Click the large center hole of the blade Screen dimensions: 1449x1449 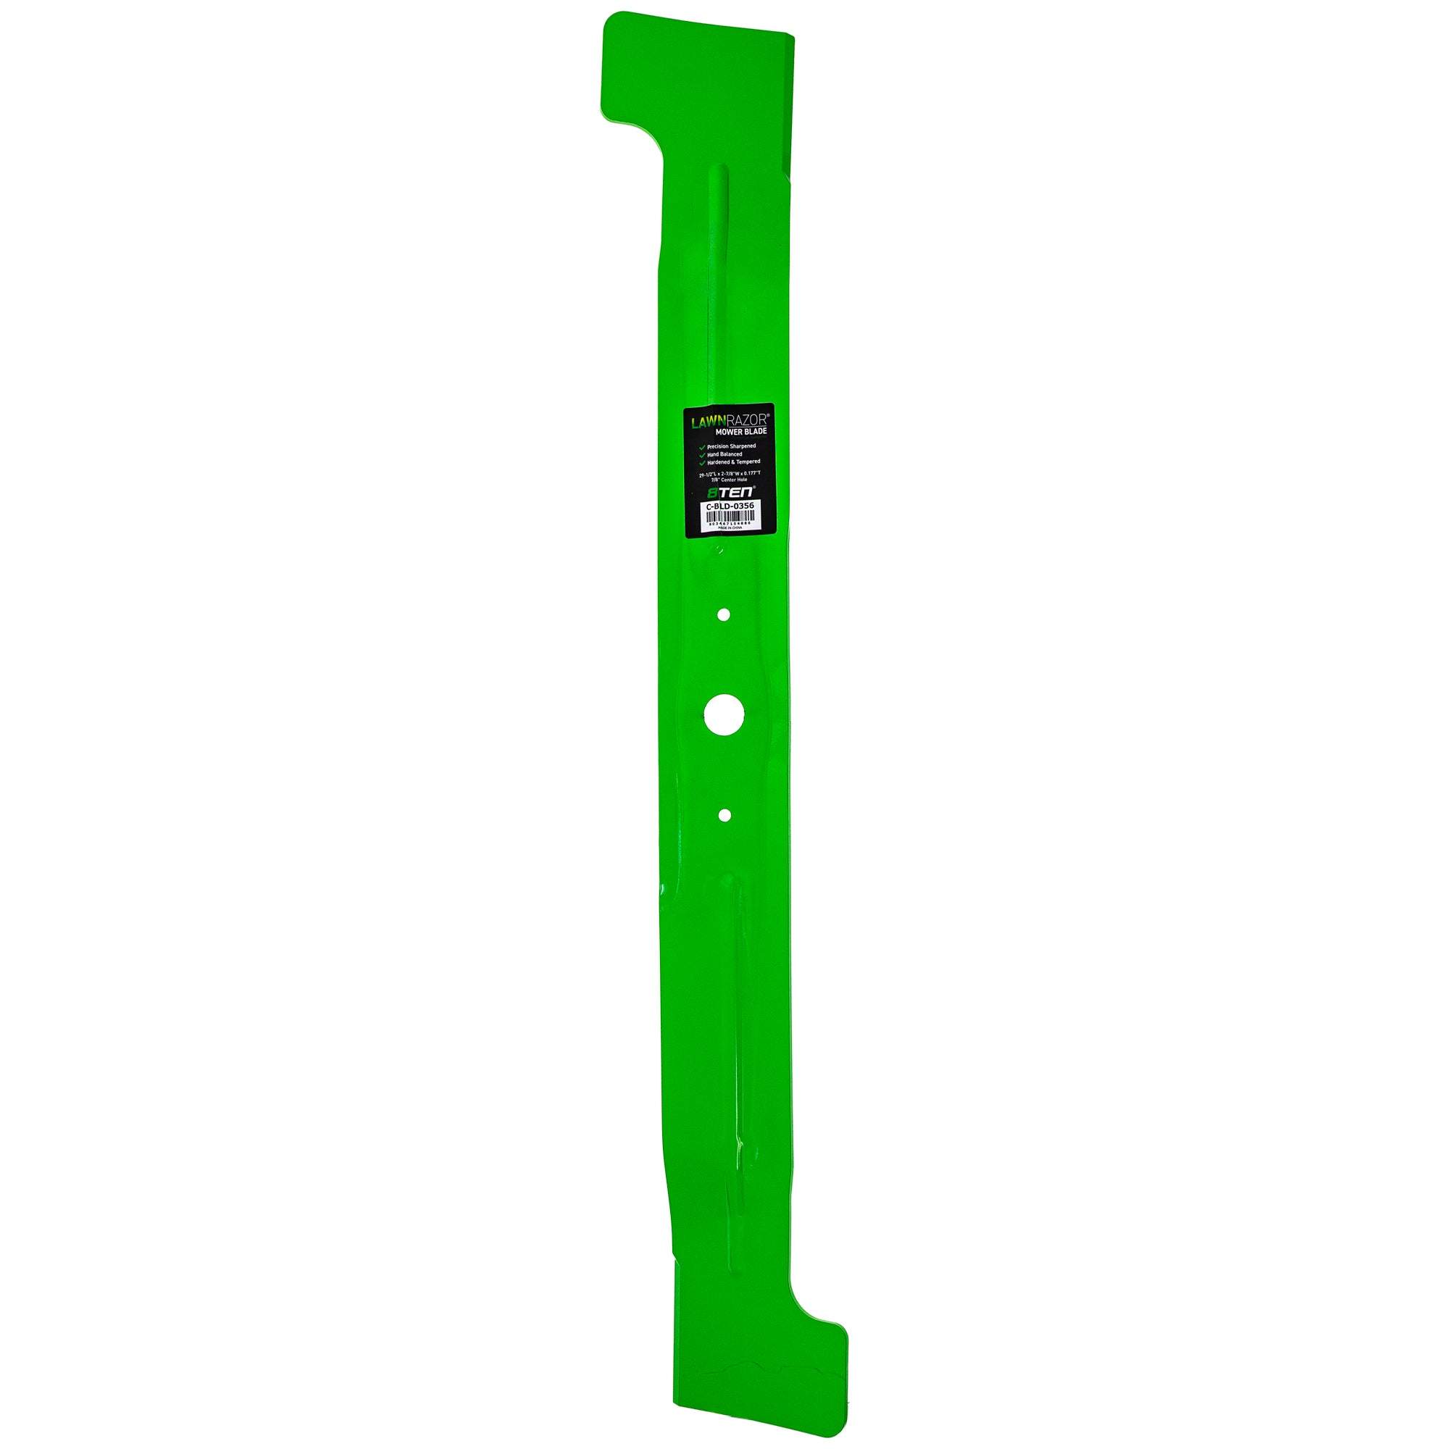click(724, 715)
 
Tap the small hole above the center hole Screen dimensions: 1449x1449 click(724, 615)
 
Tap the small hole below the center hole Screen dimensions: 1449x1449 click(724, 815)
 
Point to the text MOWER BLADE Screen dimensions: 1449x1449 click(740, 432)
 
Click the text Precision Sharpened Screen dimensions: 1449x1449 click(731, 446)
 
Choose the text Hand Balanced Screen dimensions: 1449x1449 click(724, 454)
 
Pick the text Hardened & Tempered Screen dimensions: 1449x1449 click(732, 462)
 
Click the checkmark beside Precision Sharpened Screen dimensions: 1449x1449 click(702, 447)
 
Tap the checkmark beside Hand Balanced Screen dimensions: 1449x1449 click(702, 455)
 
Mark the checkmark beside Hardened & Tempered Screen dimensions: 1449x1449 click(702, 463)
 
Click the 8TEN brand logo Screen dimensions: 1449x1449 click(731, 493)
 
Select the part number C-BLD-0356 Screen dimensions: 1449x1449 click(730, 506)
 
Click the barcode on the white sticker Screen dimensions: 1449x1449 click(729, 517)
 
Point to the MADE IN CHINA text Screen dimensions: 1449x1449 click(729, 528)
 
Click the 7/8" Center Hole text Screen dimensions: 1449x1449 click(729, 479)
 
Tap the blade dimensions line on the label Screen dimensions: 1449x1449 click(729, 473)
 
